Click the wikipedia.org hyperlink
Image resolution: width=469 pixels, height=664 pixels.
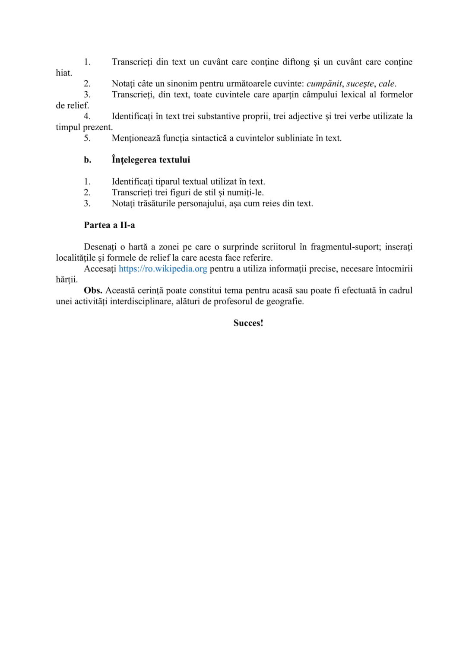tap(163, 269)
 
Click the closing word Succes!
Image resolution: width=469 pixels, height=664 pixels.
tap(248, 323)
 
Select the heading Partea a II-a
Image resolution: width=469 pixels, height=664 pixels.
tap(109, 225)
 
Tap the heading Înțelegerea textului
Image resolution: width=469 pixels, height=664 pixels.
tap(151, 160)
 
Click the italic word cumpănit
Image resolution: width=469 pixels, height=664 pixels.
tap(324, 84)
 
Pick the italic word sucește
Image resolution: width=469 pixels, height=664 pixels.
tap(360, 84)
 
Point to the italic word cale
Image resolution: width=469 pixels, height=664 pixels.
tap(387, 84)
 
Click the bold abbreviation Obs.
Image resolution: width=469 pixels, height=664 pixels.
tap(93, 290)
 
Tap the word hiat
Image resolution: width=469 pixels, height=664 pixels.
tap(63, 73)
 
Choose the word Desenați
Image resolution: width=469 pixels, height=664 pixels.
tap(100, 247)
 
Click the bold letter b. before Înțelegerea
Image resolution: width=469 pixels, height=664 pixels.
tap(88, 160)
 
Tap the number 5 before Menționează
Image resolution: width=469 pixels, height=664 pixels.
tap(87, 138)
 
